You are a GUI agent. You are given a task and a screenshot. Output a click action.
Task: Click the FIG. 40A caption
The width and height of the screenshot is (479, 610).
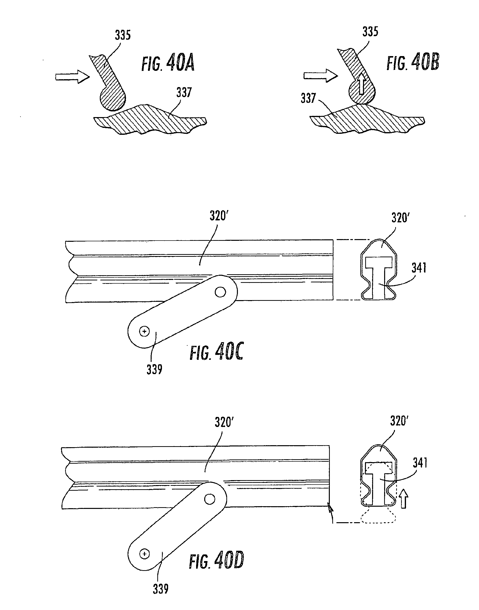168,63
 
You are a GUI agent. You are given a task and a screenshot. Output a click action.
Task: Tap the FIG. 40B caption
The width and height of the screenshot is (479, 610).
413,62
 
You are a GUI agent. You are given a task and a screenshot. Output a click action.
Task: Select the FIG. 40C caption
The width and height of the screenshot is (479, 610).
217,351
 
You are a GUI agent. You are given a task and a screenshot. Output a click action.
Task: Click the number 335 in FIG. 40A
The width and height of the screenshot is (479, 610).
123,35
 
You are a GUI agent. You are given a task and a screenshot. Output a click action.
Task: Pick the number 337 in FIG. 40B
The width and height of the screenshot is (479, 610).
308,98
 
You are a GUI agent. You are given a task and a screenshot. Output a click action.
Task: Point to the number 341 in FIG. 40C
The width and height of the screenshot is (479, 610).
419,268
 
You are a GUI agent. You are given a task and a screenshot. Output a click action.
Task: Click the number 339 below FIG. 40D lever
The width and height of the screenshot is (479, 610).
160,589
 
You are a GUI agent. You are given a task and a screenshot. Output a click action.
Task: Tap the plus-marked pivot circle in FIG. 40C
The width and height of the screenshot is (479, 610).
145,332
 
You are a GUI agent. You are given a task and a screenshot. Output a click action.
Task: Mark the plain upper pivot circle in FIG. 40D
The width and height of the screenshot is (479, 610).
210,499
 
